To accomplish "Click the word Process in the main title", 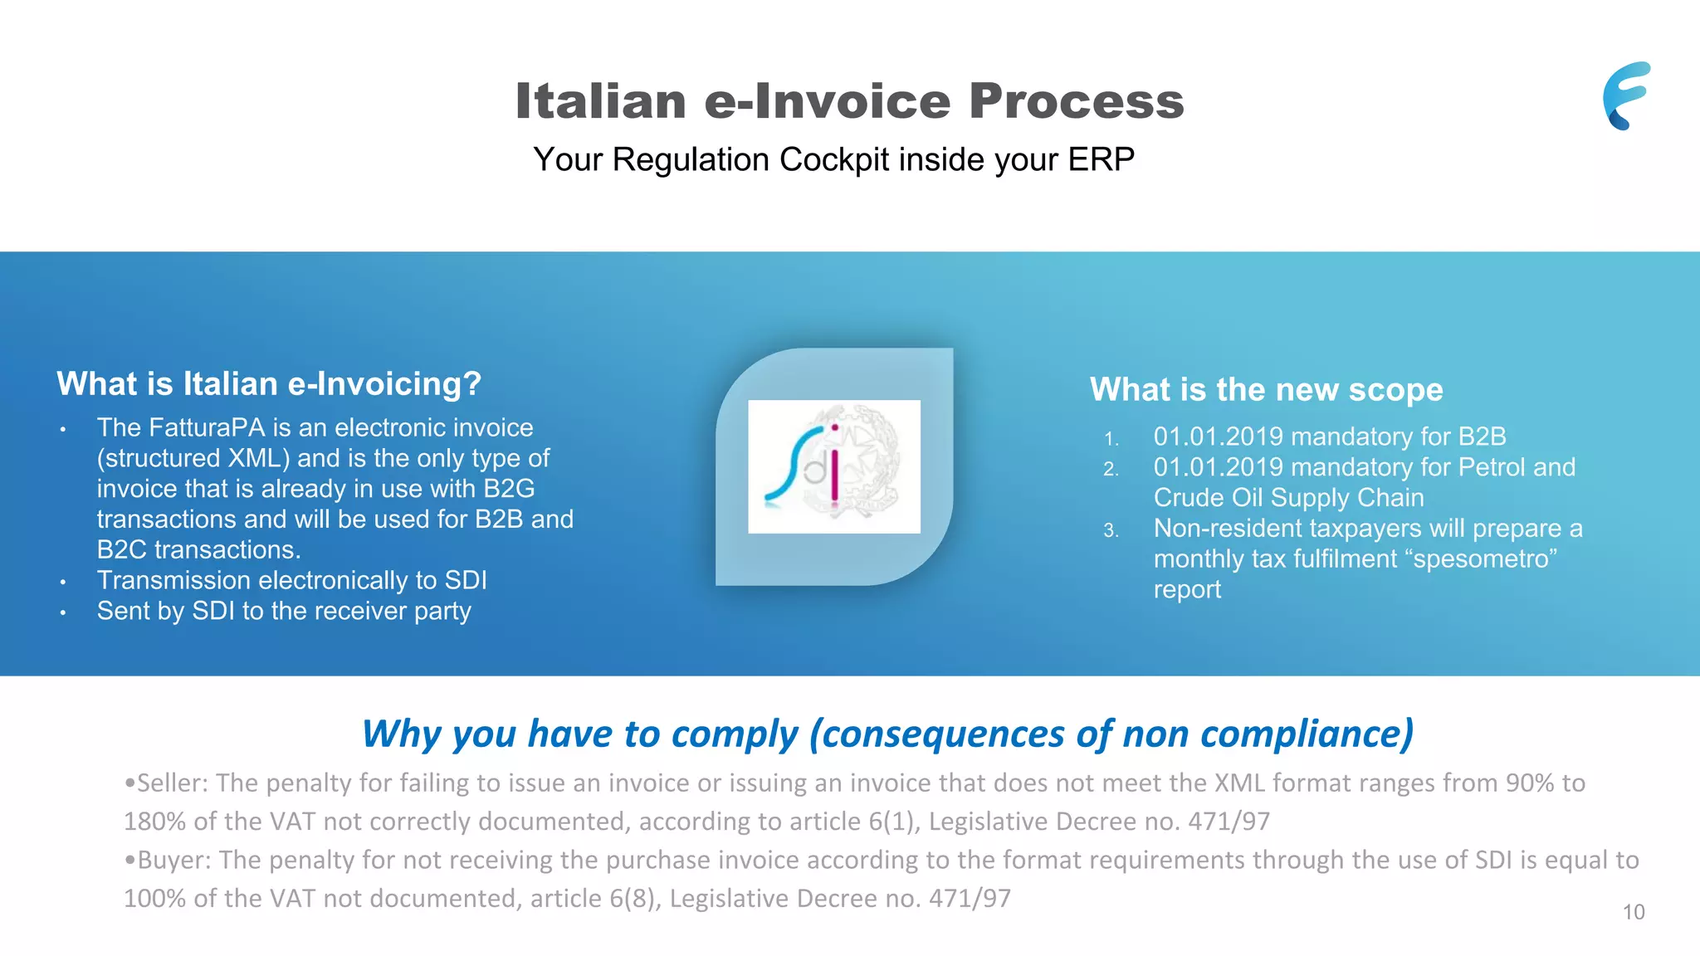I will pos(1076,101).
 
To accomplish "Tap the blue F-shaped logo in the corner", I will pos(1626,95).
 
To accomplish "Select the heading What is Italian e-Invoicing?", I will pos(269,384).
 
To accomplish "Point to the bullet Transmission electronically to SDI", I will pos(291,580).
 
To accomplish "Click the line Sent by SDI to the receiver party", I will pos(283,611).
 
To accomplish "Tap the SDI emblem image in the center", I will pos(833,466).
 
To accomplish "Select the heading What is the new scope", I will pos(1266,389).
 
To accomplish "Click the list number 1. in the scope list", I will pos(1111,439).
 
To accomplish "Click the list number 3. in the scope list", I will pos(1111,530).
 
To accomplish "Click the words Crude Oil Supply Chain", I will pos(1288,498).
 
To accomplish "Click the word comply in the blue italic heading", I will pos(734,734).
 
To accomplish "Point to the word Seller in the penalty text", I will pos(172,783).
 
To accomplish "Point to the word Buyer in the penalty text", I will pos(173,860).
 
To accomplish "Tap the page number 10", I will pos(1633,912).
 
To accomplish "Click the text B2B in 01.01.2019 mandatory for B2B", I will pos(1482,437).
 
